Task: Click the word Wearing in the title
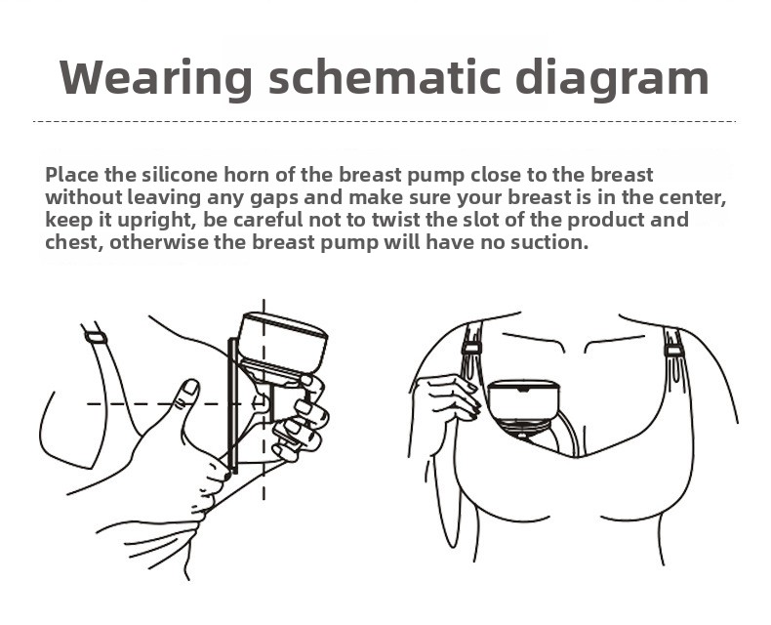pos(156,78)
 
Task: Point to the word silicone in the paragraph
pos(179,174)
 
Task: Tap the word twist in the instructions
pos(396,220)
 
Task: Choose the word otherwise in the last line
pos(159,242)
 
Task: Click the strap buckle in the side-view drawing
pos(96,338)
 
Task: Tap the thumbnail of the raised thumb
pos(189,388)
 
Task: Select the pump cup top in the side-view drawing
pos(283,345)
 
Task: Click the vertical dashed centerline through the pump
pos(264,399)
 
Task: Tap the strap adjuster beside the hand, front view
pos(471,349)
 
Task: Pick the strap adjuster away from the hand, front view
pos(673,351)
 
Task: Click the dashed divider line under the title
pos(384,121)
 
